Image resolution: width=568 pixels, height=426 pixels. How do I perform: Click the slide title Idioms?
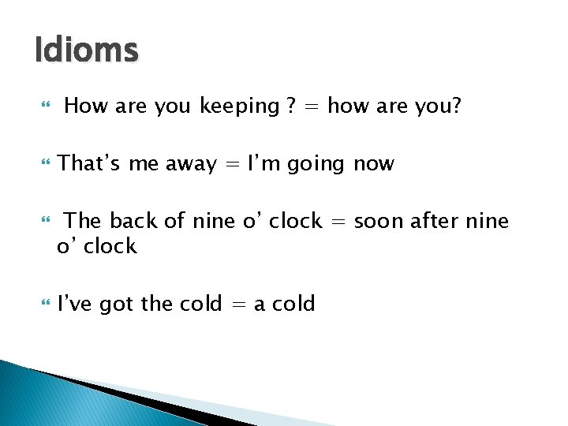pos(87,51)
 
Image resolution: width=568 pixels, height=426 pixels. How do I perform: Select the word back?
pos(133,221)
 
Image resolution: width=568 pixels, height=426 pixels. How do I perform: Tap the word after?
pos(436,221)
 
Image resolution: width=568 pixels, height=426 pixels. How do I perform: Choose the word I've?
pos(75,304)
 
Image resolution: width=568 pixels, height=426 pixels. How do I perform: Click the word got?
pos(117,305)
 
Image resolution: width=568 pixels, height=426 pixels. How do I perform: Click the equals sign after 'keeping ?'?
pos(312,106)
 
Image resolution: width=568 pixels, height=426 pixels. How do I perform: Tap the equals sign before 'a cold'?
pos(239,305)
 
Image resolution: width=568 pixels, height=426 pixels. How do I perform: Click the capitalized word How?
pos(87,106)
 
